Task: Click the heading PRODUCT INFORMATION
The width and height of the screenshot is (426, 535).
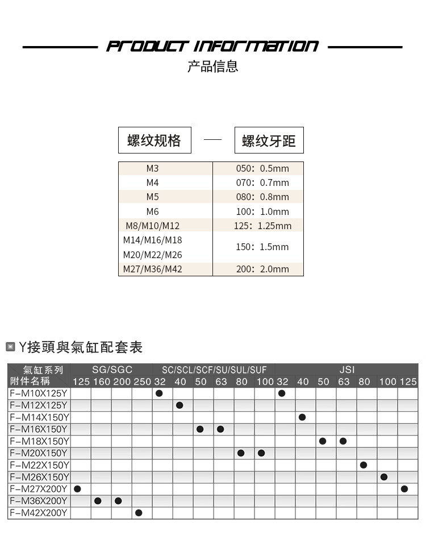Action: coord(212,46)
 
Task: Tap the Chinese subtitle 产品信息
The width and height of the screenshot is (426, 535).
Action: coord(212,67)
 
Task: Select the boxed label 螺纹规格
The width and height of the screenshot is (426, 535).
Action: coord(154,140)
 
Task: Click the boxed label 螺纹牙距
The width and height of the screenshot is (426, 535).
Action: coord(269,140)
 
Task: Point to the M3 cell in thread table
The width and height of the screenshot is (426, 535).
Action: coord(153,168)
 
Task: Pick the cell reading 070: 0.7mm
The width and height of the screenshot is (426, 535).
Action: coord(262,183)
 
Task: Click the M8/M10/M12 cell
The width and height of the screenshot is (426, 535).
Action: coord(153,226)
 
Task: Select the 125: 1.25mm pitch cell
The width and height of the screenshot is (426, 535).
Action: coord(262,226)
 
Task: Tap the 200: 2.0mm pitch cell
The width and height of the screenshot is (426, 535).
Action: coord(262,269)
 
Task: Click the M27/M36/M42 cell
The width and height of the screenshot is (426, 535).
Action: coord(153,269)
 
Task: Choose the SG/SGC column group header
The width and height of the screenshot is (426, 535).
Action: coord(112,370)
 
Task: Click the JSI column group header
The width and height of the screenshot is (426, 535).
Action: coord(346,370)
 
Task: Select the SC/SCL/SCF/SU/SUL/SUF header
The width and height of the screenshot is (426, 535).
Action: coord(214,370)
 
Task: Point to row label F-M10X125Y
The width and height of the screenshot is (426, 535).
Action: coord(39,393)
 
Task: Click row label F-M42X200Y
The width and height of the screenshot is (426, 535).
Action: coord(39,513)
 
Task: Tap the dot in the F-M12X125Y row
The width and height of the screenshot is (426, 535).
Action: coord(180,405)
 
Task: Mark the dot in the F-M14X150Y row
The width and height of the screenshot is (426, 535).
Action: coord(302,417)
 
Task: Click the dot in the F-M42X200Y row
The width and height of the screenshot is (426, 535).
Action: coord(139,513)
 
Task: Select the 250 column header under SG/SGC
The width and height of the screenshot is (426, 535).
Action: coord(142,381)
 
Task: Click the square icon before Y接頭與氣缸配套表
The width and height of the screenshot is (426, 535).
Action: coord(10,347)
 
